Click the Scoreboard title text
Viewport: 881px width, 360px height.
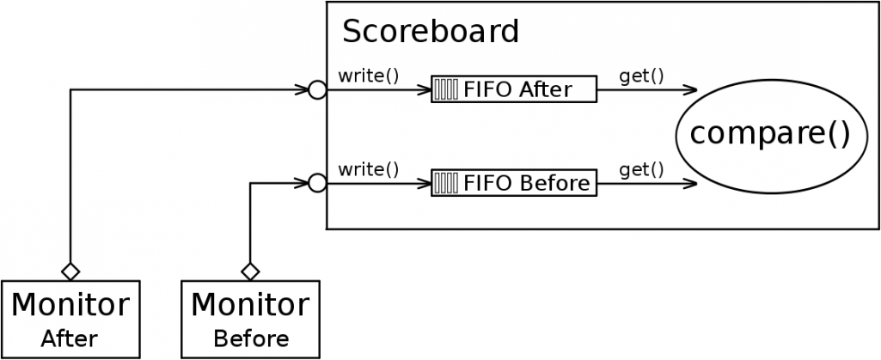pos(431,33)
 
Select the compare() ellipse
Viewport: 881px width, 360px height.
pos(769,134)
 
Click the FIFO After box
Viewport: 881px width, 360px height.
pos(513,89)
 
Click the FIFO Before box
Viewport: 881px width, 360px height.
pos(513,183)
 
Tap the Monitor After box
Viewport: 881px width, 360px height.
pos(70,318)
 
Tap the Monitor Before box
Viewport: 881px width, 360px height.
pos(250,318)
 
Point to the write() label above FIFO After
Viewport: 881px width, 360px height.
pos(369,75)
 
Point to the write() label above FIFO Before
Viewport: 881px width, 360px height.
pos(369,168)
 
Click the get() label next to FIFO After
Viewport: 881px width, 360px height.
pos(641,75)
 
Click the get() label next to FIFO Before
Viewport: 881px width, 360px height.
pos(641,168)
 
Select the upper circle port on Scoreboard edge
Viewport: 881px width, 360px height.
pos(317,89)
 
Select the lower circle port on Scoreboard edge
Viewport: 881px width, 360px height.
pos(317,183)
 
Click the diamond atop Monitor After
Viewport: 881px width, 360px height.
pos(70,272)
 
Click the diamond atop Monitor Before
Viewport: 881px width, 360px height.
pos(250,272)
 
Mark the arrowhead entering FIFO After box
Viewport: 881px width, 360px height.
pos(425,89)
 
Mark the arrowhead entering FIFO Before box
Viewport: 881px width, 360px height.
pos(425,183)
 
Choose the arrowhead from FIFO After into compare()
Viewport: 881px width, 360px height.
pos(690,89)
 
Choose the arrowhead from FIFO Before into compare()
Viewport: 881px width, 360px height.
pos(690,183)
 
